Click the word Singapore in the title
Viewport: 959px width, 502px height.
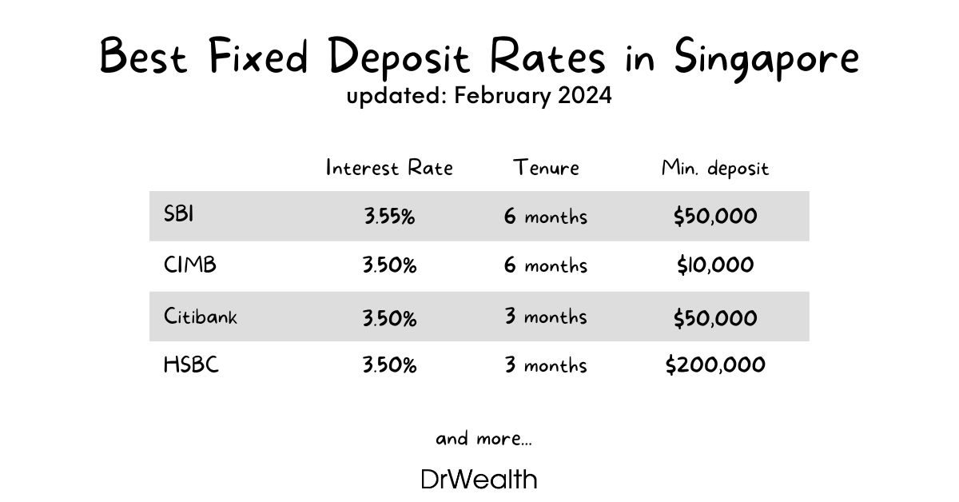point(766,58)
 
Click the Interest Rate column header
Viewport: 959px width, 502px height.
point(389,168)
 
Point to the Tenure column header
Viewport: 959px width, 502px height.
point(546,168)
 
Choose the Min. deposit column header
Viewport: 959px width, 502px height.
point(715,169)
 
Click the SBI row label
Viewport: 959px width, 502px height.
point(178,216)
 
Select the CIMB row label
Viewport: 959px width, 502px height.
point(189,265)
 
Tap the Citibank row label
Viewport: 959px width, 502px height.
point(201,316)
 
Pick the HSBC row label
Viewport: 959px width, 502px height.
point(191,365)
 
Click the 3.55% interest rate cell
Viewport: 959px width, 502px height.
point(389,217)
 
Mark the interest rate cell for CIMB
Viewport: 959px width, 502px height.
point(389,266)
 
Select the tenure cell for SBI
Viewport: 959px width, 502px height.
point(546,217)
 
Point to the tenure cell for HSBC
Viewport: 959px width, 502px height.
point(546,365)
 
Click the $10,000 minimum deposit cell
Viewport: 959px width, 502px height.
point(715,266)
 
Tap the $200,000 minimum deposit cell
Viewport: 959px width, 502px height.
point(715,365)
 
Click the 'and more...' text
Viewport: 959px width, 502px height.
point(483,439)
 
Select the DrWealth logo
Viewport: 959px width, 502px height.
point(479,480)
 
